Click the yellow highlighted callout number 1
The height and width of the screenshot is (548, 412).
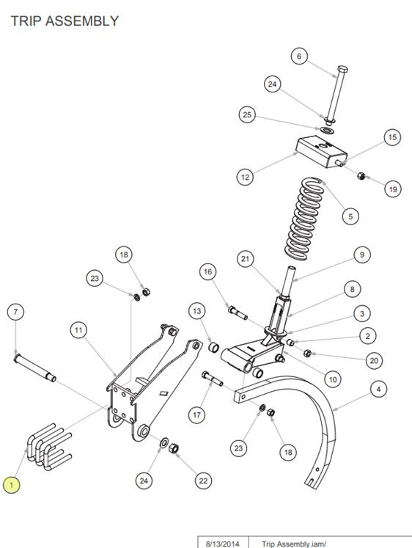(x=11, y=485)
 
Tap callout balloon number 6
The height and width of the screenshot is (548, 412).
(x=299, y=56)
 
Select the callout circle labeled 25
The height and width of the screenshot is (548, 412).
(x=247, y=114)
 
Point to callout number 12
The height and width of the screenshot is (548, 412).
(x=245, y=177)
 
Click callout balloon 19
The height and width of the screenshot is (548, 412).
(x=393, y=189)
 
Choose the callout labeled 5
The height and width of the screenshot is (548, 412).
(x=350, y=216)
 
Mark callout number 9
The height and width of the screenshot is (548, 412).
(x=362, y=255)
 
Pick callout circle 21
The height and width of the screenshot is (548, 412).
(x=246, y=259)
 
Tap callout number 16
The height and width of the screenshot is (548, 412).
(x=208, y=271)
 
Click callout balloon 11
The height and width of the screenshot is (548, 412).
(x=78, y=330)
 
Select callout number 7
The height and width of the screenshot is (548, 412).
(x=15, y=312)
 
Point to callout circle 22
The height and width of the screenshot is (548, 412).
(x=203, y=481)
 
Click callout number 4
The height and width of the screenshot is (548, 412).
(x=378, y=389)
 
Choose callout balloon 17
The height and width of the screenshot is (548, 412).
(x=197, y=414)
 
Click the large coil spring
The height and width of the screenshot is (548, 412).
(x=304, y=219)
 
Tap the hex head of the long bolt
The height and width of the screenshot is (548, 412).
(x=342, y=69)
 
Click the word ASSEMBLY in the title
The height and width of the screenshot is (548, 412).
(x=82, y=21)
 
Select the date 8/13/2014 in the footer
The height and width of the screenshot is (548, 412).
(x=223, y=544)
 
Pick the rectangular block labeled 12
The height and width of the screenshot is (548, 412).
(x=322, y=152)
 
